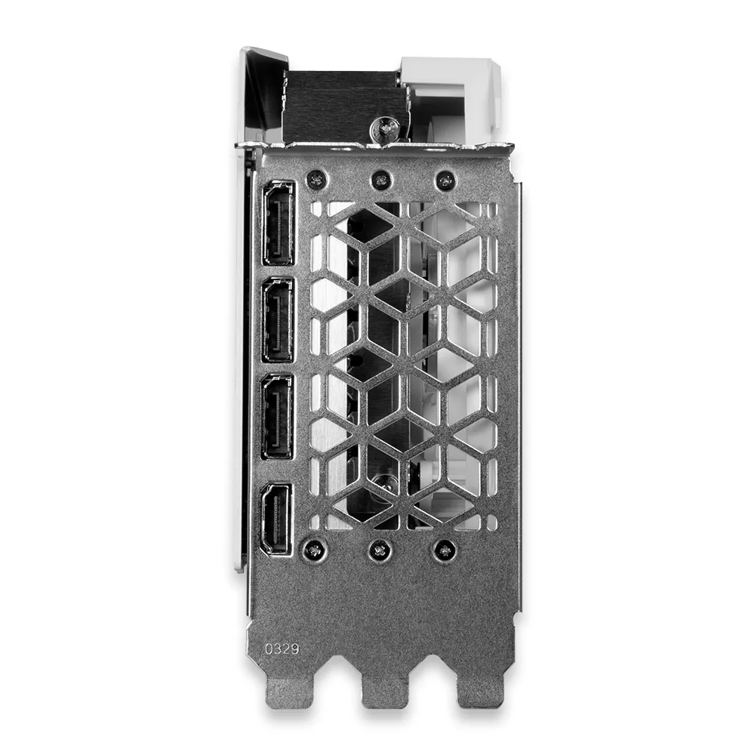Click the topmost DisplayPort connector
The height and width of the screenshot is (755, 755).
(278, 223)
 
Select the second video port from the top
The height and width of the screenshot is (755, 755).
(278, 319)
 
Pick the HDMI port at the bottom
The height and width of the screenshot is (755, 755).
(276, 519)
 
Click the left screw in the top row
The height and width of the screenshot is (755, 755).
(317, 180)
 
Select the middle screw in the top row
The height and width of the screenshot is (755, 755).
(381, 180)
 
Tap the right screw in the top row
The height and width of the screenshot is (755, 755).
(445, 180)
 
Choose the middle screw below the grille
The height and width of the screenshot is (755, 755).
(380, 550)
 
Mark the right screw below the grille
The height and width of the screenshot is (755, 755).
(444, 550)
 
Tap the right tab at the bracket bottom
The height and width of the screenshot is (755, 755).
(481, 691)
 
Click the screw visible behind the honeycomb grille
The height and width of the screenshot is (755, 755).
(383, 487)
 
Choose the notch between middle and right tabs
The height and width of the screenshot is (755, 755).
(433, 672)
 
